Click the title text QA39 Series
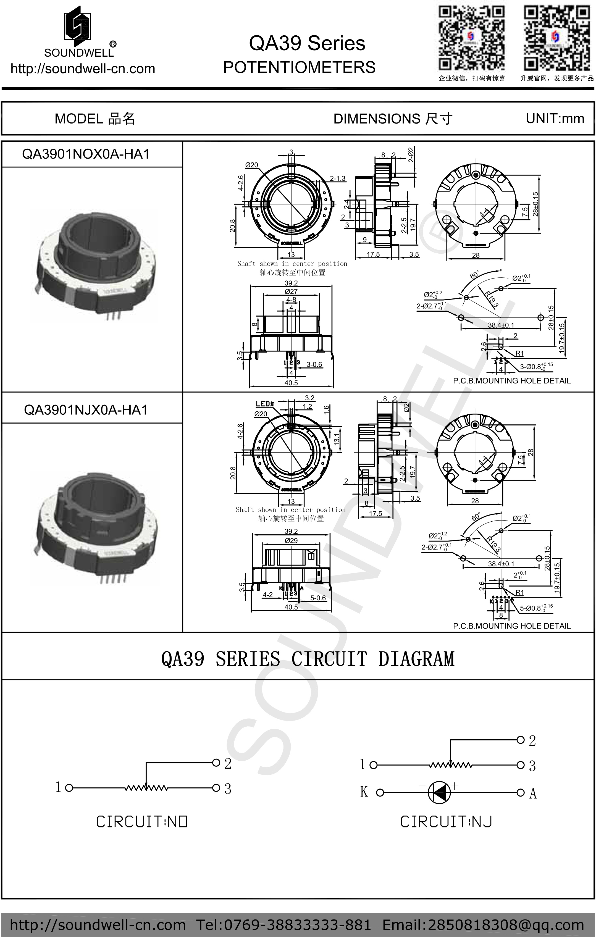[307, 43]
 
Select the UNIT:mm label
[555, 119]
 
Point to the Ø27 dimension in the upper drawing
[291, 291]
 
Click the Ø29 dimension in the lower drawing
[291, 541]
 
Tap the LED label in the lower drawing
[264, 404]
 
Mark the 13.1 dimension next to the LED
[337, 439]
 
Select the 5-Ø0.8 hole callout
[536, 608]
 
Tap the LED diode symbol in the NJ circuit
[439, 792]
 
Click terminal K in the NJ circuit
[364, 792]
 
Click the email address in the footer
[483, 924]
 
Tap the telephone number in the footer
[283, 924]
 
